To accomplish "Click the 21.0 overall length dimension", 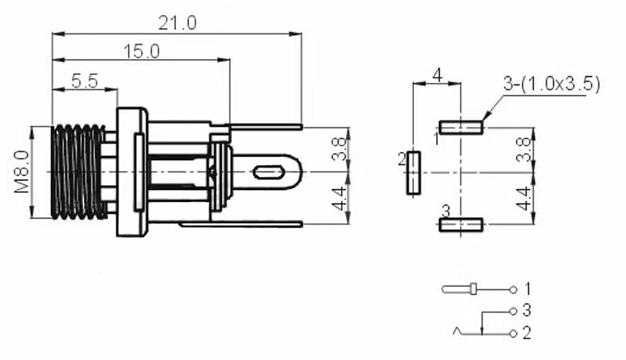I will click(178, 23).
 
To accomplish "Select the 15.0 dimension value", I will click(142, 52).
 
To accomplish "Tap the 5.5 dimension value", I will click(84, 81).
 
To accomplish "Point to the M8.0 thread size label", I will click(21, 171).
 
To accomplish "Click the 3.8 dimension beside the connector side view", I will click(340, 149).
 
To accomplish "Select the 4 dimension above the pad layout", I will click(437, 75).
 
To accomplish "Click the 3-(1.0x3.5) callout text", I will click(551, 84).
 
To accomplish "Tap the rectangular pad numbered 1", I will click(461, 126).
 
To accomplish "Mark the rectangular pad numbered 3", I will click(461, 225).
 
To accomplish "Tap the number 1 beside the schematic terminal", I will click(527, 288).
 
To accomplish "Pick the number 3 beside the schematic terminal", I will click(527, 310).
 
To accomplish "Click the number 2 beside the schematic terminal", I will click(527, 333).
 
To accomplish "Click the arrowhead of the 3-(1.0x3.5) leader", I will click(485, 117).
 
